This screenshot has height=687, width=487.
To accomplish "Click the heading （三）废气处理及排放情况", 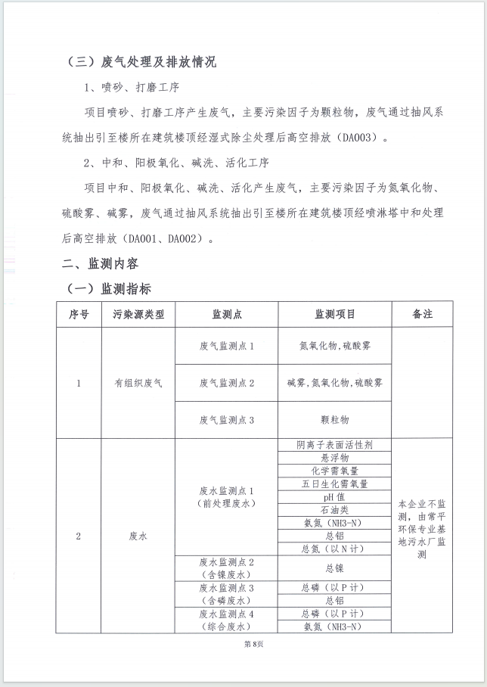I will click(x=142, y=62).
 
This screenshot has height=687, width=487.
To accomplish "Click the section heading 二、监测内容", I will click(x=100, y=264).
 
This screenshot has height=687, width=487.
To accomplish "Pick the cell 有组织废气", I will click(x=138, y=383).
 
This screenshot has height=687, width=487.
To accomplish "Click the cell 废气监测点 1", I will click(x=227, y=346).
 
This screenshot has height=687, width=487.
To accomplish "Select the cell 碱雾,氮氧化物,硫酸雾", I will click(x=335, y=383).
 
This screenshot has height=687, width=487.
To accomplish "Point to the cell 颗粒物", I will click(x=335, y=419).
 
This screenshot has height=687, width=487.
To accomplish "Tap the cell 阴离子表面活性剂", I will click(x=335, y=445).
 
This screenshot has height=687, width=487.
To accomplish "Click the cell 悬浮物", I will click(x=335, y=458).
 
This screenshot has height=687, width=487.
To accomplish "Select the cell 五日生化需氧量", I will click(x=335, y=484).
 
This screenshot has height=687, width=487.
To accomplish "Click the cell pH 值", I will click(x=335, y=497).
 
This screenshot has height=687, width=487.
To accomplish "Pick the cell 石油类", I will click(x=335, y=510).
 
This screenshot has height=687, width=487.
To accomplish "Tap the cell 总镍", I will click(x=335, y=567).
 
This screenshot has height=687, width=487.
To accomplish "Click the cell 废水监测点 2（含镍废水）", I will click(x=227, y=567).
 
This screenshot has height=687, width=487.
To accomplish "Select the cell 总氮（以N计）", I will click(x=335, y=549).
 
